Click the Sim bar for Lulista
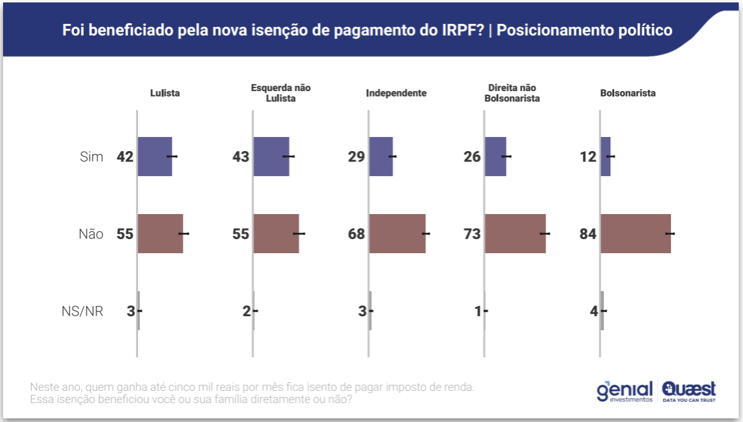pyautogui.click(x=155, y=157)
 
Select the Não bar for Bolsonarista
pyautogui.click(x=635, y=234)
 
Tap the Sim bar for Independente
pyautogui.click(x=381, y=157)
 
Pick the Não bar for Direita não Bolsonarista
pyautogui.click(x=515, y=234)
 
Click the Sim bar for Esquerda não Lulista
pyautogui.click(x=271, y=157)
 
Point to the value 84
pyautogui.click(x=588, y=234)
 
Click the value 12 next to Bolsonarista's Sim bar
pyautogui.click(x=588, y=157)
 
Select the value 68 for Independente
pyautogui.click(x=356, y=234)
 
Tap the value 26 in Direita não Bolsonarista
pyautogui.click(x=472, y=157)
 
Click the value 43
pyautogui.click(x=241, y=157)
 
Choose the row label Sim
pyautogui.click(x=92, y=157)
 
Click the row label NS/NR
pyautogui.click(x=82, y=311)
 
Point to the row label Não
pyautogui.click(x=91, y=234)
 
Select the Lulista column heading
pyautogui.click(x=165, y=94)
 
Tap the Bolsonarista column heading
pyautogui.click(x=628, y=94)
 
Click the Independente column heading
pyautogui.click(x=396, y=94)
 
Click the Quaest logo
pyautogui.click(x=689, y=391)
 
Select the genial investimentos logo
pyautogui.click(x=624, y=391)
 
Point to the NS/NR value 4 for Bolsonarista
pyautogui.click(x=593, y=311)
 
